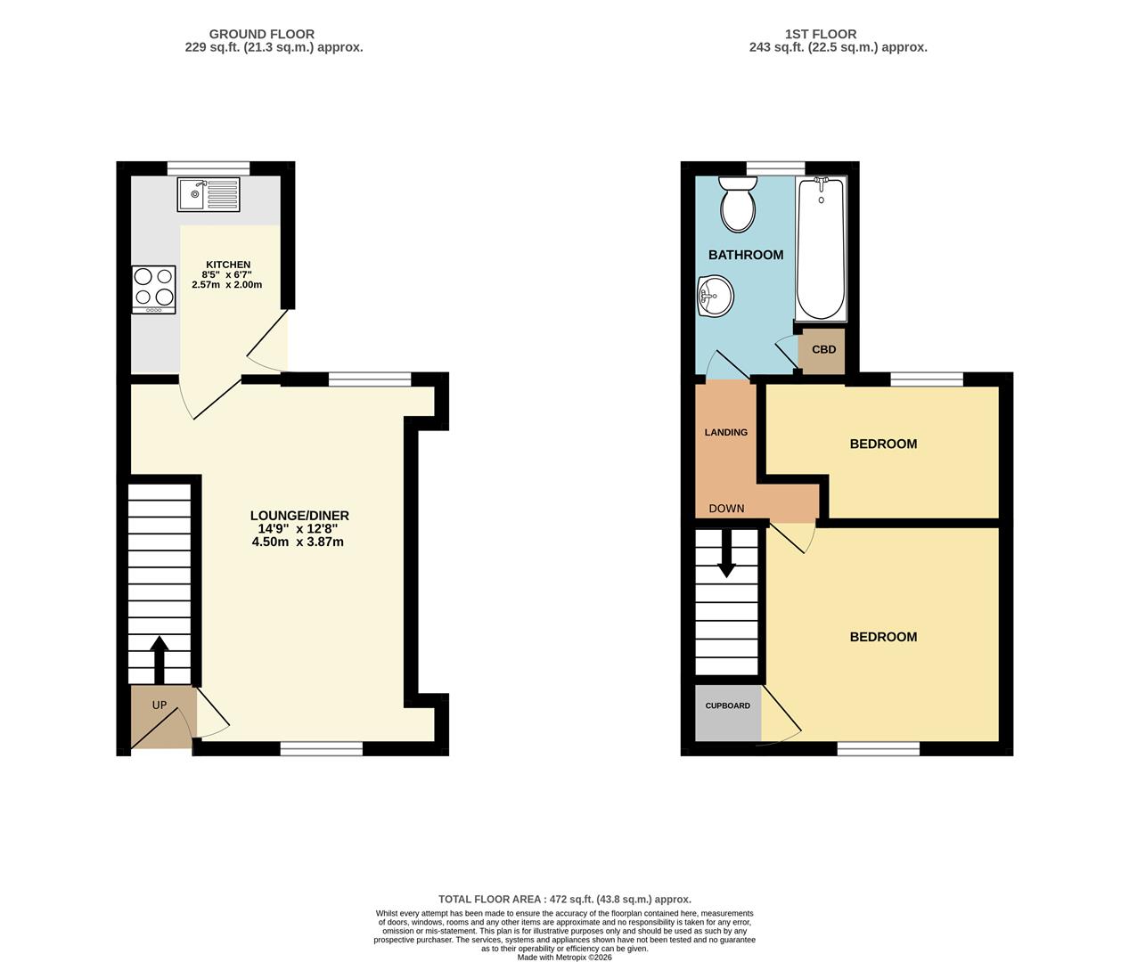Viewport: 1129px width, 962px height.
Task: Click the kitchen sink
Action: pos(208,194)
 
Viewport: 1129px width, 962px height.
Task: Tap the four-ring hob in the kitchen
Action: pos(153,289)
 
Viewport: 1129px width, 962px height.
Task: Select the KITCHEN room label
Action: pos(228,265)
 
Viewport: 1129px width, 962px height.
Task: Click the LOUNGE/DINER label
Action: pos(299,516)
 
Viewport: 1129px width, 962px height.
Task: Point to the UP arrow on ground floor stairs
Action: pos(160,658)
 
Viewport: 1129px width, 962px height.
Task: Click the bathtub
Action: pos(821,249)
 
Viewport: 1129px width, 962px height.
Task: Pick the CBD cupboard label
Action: pos(822,350)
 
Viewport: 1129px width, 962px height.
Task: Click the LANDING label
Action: pos(725,432)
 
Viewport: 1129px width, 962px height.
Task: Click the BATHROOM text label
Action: pos(746,255)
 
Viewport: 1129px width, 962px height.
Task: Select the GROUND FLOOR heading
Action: pos(261,34)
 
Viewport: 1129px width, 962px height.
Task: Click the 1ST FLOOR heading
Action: pos(820,34)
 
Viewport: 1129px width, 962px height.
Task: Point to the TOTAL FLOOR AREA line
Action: pos(564,900)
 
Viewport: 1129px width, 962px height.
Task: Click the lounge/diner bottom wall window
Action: pos(322,748)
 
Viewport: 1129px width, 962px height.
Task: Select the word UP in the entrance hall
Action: pos(160,705)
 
